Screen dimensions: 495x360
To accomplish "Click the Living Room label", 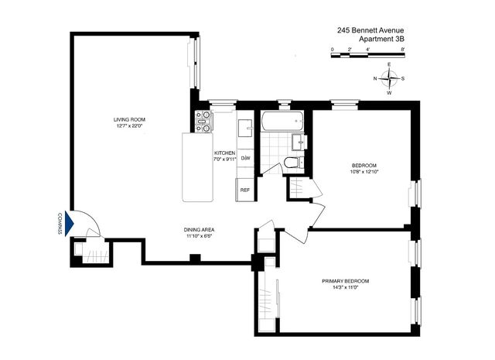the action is (x=129, y=119).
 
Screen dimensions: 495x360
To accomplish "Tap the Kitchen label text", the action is (x=224, y=153).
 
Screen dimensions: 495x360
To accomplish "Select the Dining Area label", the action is (x=199, y=230).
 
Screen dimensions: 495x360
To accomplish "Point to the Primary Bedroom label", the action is (x=346, y=281).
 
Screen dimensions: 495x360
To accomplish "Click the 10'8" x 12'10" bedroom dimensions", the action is (x=364, y=172).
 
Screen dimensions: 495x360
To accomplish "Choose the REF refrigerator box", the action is (x=245, y=190).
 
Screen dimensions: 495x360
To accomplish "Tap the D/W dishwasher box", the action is (x=245, y=158).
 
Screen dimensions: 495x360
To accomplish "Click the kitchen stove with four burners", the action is (x=203, y=122).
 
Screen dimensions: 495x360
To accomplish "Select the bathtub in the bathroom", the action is (x=282, y=121).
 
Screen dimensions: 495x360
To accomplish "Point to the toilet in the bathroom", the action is (x=293, y=163).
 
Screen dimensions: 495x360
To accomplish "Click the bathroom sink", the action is (x=299, y=142).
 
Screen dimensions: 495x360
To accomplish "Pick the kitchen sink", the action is (x=245, y=128).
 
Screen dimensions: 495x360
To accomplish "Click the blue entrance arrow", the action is (x=69, y=224).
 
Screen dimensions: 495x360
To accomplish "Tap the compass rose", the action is (x=389, y=78).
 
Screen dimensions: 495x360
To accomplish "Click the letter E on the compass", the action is (x=389, y=64).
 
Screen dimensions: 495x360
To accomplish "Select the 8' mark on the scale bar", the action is (x=402, y=50).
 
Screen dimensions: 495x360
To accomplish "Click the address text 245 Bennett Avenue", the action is (x=370, y=30).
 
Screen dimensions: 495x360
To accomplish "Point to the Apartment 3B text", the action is (x=381, y=39).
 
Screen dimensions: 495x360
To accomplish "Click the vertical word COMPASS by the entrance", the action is (x=60, y=224).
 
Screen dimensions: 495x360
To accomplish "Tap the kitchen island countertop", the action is (x=198, y=167).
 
